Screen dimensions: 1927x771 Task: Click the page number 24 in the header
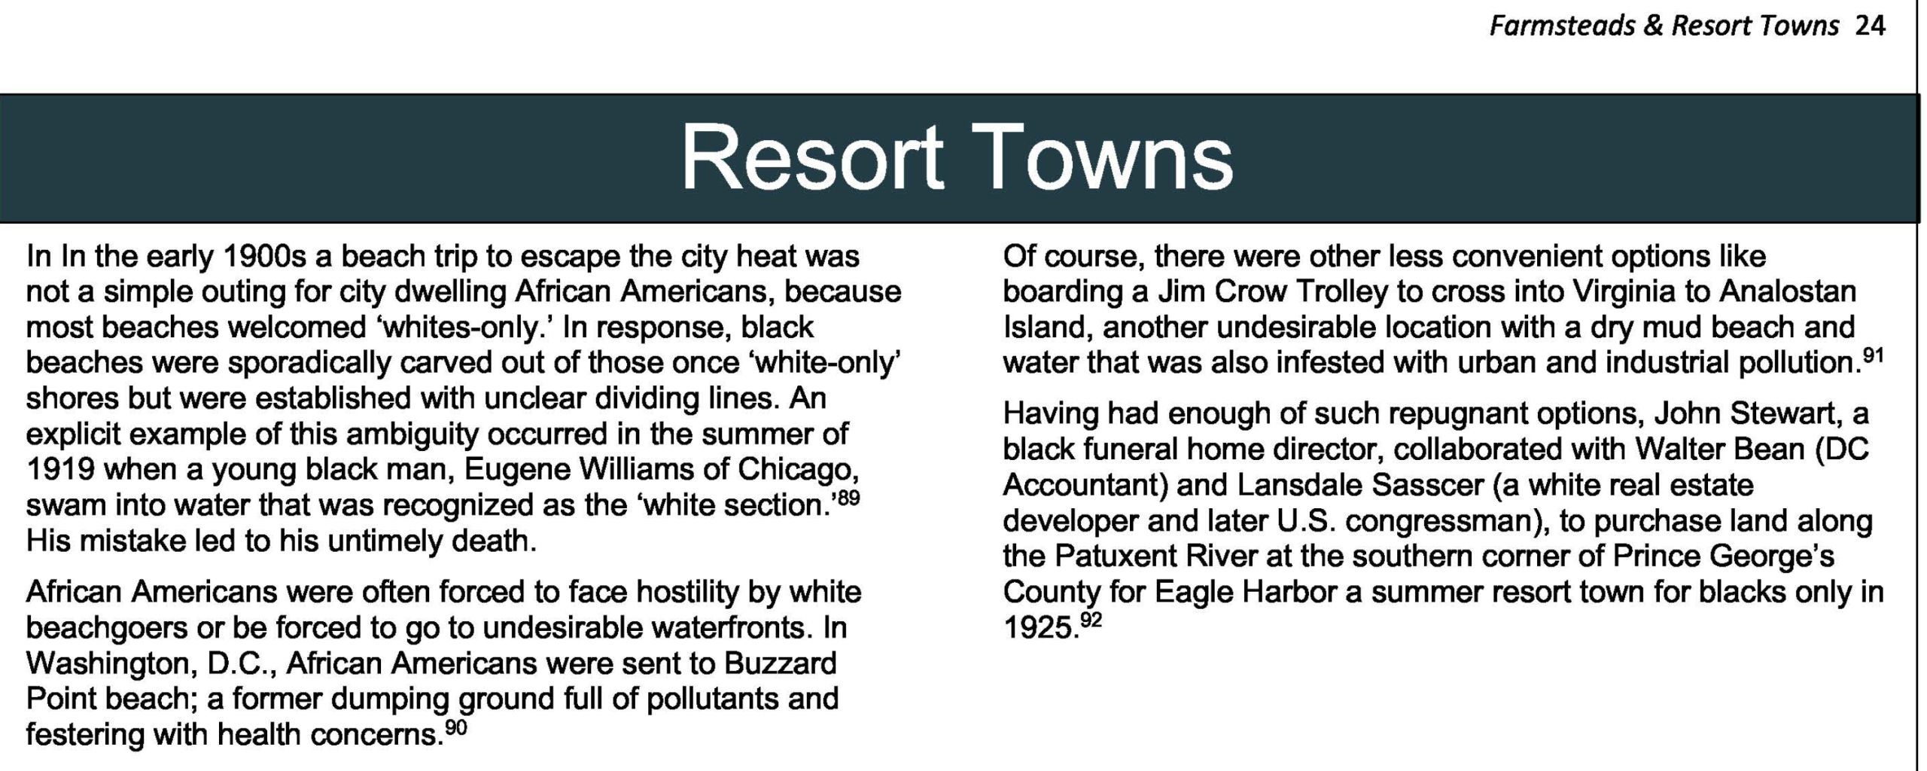(1870, 26)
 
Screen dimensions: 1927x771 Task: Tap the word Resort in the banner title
(811, 158)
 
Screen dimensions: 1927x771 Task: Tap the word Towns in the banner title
(1102, 158)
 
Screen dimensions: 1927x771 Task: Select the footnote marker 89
(848, 498)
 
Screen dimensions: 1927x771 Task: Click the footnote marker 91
(1873, 355)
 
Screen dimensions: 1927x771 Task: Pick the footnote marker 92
(1091, 620)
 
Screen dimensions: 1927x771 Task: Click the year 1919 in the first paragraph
(60, 470)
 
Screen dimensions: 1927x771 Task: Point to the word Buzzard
(781, 663)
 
